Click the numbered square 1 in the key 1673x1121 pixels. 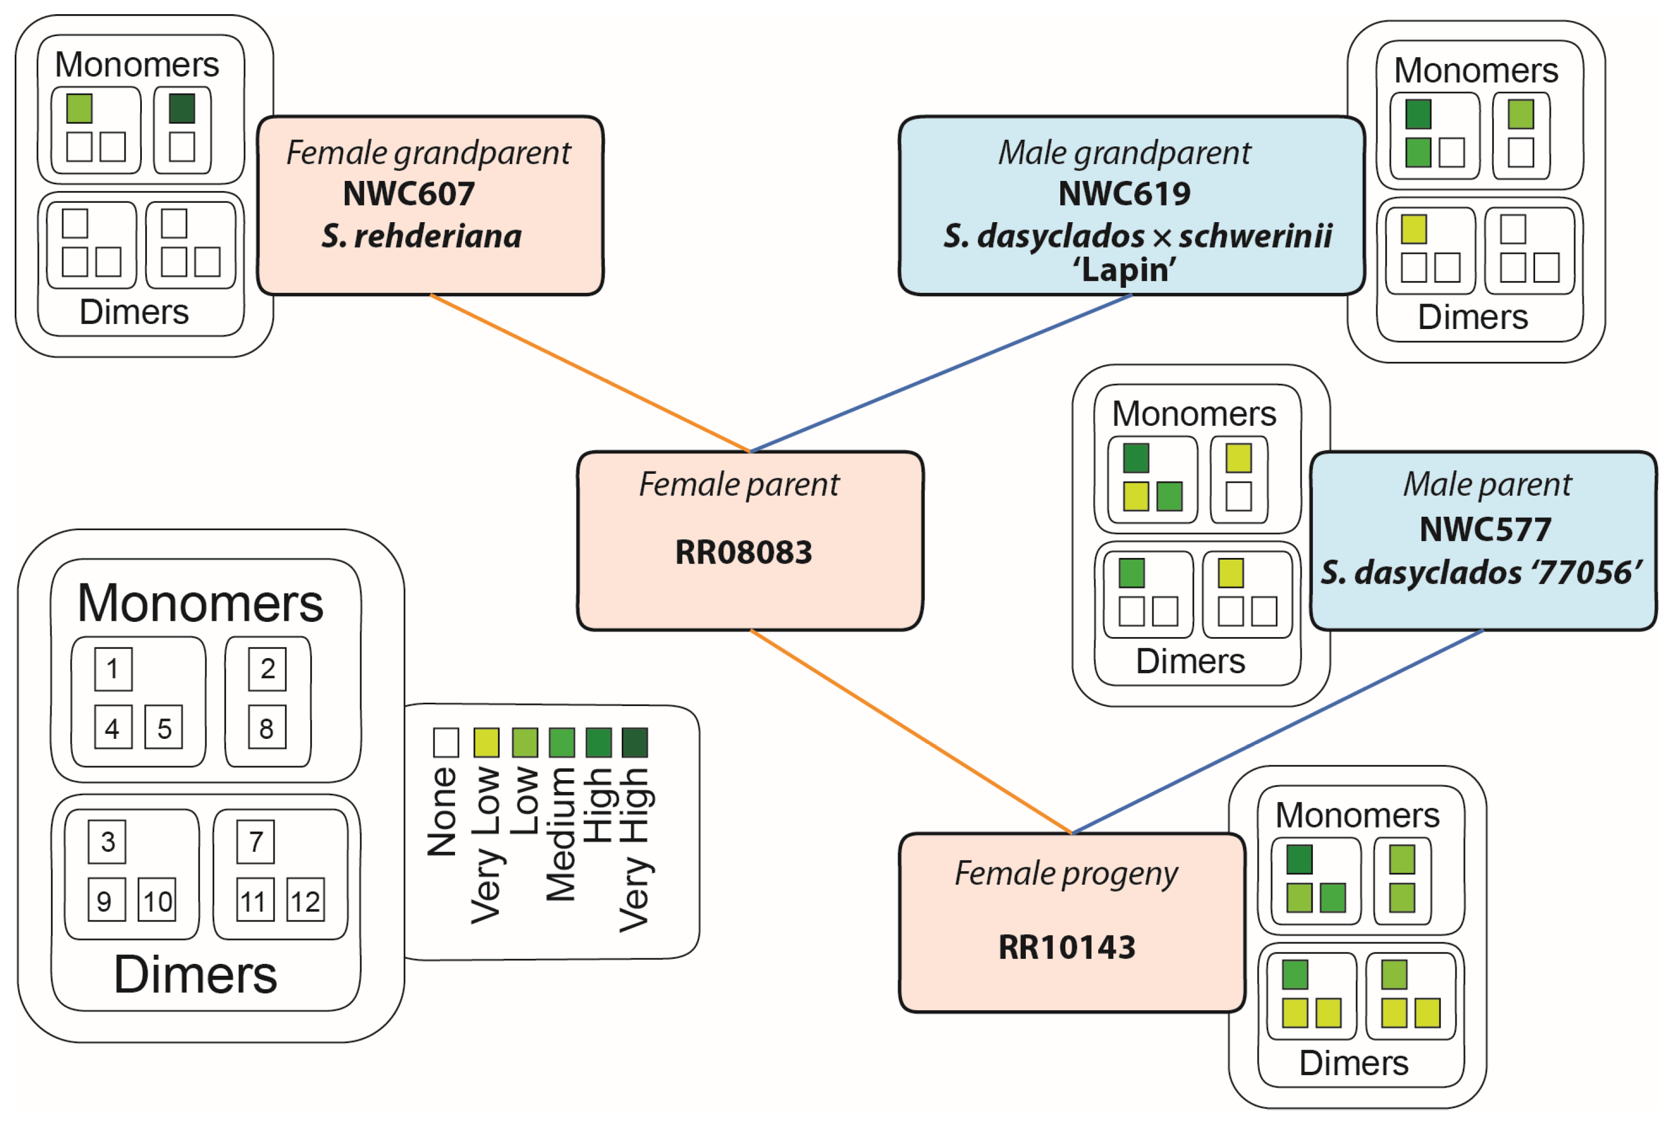113,669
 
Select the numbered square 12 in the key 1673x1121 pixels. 305,900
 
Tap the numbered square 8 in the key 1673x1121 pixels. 267,727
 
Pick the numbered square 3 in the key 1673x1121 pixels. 107,842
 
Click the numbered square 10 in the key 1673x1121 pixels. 157,900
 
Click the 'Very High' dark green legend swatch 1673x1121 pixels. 635,742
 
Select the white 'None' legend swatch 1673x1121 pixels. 446,742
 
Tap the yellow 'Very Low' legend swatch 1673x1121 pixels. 487,742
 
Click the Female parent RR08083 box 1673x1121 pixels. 749,540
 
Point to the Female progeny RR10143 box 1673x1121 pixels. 1071,922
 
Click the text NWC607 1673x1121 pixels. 409,194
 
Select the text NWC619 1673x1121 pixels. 1124,194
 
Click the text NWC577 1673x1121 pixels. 1485,529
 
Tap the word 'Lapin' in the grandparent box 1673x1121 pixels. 1124,270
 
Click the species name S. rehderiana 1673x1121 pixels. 422,236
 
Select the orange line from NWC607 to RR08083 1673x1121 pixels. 590,373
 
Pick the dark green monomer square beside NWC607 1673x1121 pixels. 182,109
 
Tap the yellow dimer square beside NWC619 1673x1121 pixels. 1414,230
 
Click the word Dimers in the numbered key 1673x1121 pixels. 195,975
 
